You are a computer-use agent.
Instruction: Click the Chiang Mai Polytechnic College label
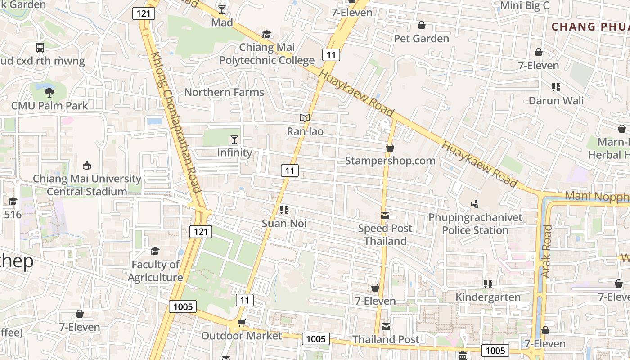(267, 54)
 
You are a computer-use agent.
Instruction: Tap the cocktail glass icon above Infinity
(234, 139)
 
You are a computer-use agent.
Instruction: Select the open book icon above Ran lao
(305, 118)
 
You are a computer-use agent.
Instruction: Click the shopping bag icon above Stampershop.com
(390, 148)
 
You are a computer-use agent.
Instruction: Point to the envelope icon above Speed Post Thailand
(385, 216)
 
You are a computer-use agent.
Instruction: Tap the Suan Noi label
(284, 223)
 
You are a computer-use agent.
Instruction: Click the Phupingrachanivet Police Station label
(475, 224)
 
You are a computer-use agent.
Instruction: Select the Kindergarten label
(488, 297)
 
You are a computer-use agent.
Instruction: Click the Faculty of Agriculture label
(155, 271)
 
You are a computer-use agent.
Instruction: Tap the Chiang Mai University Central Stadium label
(87, 185)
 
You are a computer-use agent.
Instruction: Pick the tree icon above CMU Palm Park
(49, 93)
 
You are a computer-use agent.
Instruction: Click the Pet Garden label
(421, 39)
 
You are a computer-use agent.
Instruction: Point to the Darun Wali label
(556, 100)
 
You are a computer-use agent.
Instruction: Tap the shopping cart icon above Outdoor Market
(241, 323)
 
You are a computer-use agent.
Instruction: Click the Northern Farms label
(224, 92)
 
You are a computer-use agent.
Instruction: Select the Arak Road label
(546, 251)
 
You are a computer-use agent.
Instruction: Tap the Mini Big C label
(525, 5)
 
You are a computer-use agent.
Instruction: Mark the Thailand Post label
(386, 339)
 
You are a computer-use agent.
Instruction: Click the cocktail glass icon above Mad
(222, 9)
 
